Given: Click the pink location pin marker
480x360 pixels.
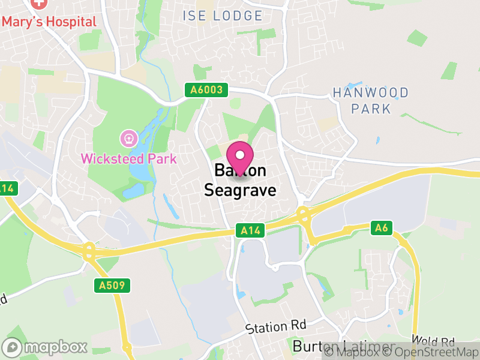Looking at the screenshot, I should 241,157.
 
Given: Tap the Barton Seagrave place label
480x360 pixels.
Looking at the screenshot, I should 241,181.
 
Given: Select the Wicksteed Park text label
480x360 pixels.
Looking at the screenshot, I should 129,159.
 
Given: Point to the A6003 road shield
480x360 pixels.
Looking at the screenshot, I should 207,91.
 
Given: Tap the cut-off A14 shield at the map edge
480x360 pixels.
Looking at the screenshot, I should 6,188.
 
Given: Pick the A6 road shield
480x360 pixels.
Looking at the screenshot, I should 381,227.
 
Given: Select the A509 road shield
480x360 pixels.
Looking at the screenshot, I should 112,286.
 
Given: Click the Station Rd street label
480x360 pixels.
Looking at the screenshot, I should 276,327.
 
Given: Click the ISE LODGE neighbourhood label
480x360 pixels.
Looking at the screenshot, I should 223,16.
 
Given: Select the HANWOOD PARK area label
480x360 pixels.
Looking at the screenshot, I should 371,101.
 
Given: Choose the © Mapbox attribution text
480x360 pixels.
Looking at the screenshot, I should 359,352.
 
